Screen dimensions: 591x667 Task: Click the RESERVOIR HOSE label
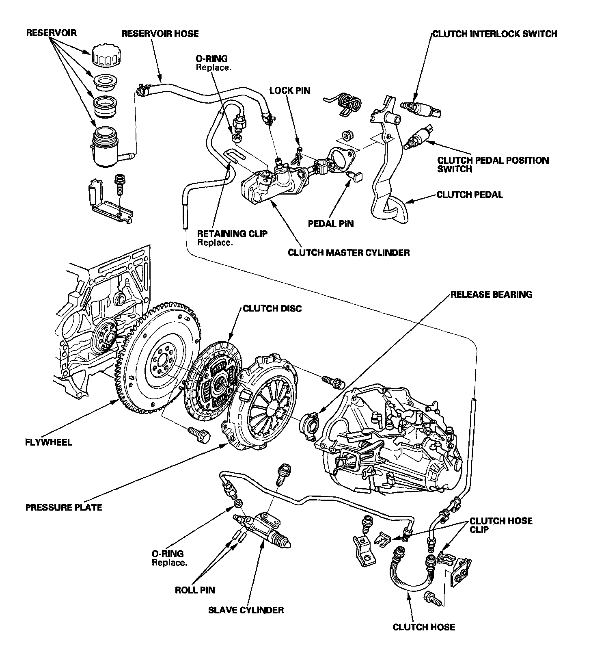click(160, 33)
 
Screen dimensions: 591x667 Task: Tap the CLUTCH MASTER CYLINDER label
click(349, 253)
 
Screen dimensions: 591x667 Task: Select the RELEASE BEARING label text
click(492, 294)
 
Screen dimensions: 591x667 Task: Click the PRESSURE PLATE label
click(64, 507)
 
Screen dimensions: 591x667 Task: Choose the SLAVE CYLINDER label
click(246, 610)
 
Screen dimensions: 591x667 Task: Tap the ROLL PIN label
click(195, 590)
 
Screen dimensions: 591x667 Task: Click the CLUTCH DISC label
click(272, 309)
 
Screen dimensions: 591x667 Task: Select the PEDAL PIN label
click(331, 223)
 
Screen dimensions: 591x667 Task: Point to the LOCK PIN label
click(290, 90)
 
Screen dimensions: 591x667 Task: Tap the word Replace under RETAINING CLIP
click(215, 243)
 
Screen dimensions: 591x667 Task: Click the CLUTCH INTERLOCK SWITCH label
click(495, 33)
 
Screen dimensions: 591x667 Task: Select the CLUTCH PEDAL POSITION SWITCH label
click(493, 164)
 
